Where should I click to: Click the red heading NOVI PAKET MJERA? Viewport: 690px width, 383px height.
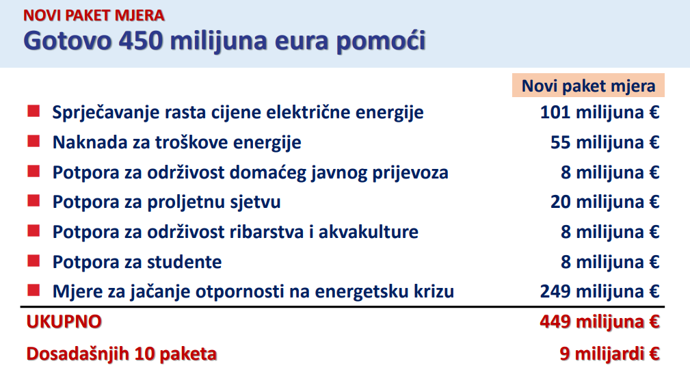tap(94, 16)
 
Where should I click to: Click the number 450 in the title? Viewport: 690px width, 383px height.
tap(141, 40)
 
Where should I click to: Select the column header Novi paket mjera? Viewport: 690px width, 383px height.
tap(588, 86)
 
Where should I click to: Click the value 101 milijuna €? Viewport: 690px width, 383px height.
tap(600, 112)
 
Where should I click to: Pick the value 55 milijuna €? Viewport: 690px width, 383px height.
tap(605, 142)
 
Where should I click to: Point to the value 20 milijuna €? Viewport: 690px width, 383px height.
tap(605, 202)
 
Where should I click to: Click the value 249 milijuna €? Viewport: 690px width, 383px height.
tap(600, 291)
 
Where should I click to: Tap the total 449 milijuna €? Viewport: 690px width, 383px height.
tap(600, 322)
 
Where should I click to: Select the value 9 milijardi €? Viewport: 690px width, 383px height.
tap(609, 354)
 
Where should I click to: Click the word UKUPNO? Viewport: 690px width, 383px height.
tap(64, 322)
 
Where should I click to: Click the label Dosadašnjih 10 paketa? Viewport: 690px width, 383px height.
tap(122, 354)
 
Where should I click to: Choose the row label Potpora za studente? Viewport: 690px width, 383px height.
tap(137, 262)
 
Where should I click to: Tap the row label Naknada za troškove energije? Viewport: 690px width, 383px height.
tap(177, 143)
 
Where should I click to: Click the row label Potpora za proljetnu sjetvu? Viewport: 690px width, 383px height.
tap(166, 202)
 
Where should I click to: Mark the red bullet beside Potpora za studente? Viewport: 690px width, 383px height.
tap(34, 261)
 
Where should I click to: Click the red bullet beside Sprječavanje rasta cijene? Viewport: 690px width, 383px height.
tap(34, 111)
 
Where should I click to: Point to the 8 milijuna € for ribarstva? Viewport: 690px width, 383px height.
tap(610, 232)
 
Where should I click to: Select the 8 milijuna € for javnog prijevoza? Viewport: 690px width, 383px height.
tap(610, 172)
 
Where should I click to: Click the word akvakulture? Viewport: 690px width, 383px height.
tap(369, 232)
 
